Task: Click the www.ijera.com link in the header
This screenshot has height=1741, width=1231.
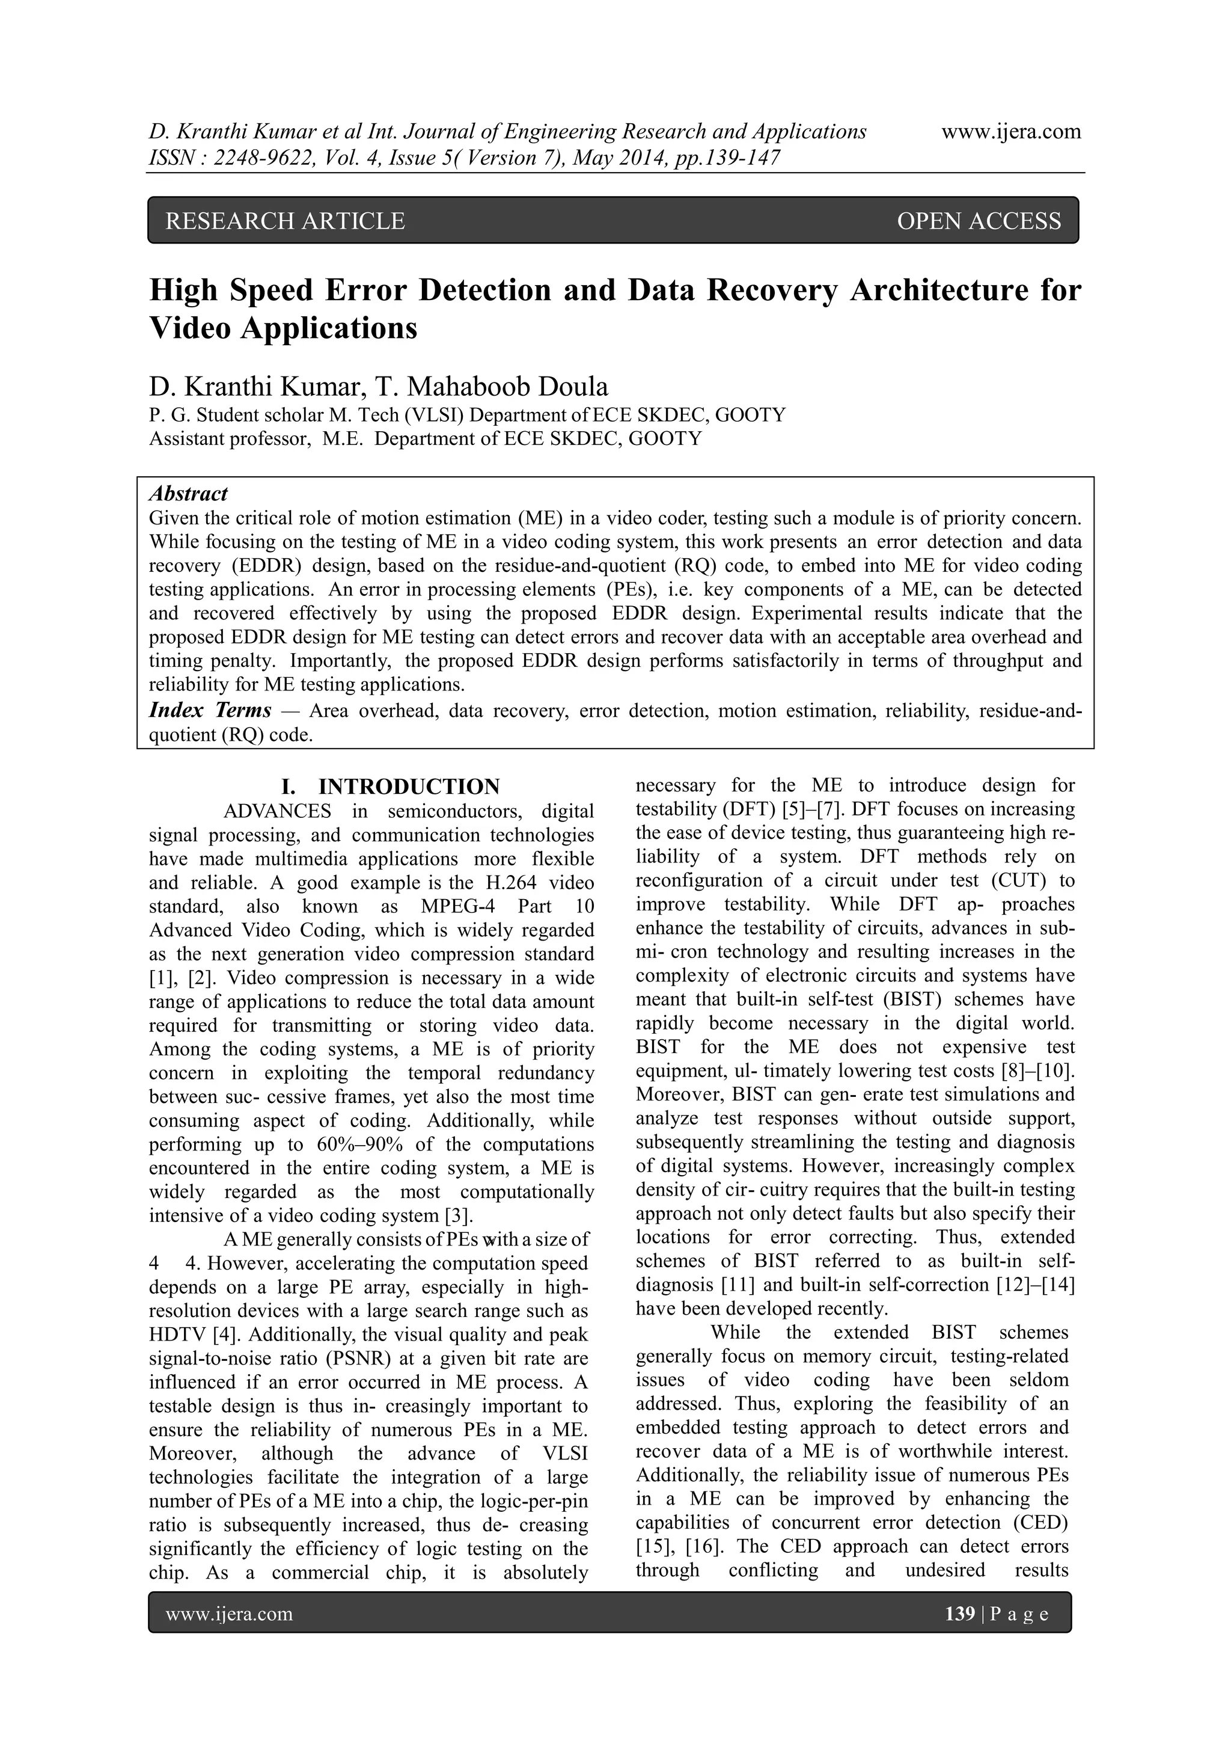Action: click(x=1010, y=132)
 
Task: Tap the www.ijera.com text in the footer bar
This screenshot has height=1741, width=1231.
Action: click(x=229, y=1614)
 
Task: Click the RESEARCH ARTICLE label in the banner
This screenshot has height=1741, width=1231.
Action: click(x=285, y=221)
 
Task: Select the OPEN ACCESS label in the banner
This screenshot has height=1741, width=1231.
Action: click(x=979, y=221)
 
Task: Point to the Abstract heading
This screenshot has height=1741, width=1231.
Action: click(x=188, y=494)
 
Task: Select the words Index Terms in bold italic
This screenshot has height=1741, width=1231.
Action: click(x=210, y=710)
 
